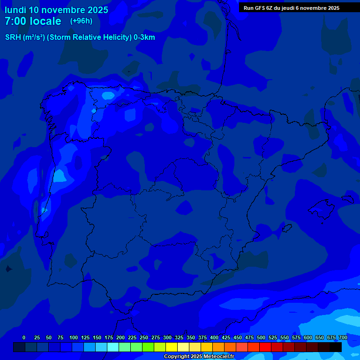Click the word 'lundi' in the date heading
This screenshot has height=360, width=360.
pyautogui.click(x=15, y=10)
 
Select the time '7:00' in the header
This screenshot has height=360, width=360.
pyautogui.click(x=15, y=21)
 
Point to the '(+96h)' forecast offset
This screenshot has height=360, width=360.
pyautogui.click(x=81, y=21)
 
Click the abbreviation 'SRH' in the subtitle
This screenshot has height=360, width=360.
pyautogui.click(x=13, y=37)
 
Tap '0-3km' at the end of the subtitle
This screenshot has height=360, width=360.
pyautogui.click(x=144, y=37)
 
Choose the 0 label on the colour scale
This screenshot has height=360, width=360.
pyautogui.click(x=24, y=337)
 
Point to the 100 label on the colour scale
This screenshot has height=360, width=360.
pyautogui.click(x=74, y=337)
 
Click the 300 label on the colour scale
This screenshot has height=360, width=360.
pyautogui.click(x=167, y=337)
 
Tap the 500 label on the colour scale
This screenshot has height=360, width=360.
pyautogui.click(x=261, y=337)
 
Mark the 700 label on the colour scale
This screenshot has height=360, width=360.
pyautogui.click(x=343, y=337)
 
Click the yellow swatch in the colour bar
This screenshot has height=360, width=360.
pyautogui.click(x=172, y=347)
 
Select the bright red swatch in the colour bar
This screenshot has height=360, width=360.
pyautogui.click(x=265, y=347)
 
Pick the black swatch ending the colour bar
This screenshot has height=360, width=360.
pyautogui.click(x=336, y=347)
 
